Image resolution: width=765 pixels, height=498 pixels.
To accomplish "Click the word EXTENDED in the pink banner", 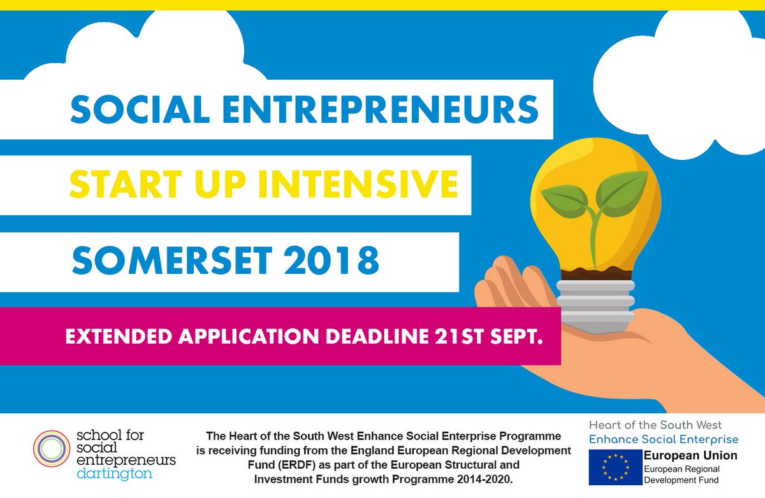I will click(x=118, y=337).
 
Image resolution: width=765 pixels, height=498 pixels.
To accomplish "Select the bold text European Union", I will click(x=690, y=455).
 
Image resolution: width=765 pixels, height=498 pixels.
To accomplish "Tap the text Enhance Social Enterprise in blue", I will click(x=664, y=439).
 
